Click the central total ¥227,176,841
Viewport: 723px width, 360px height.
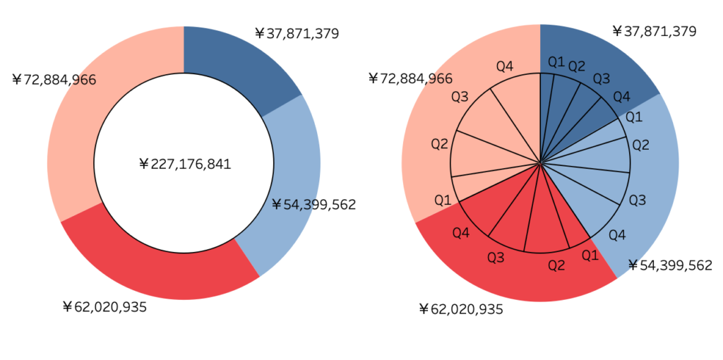point(185,164)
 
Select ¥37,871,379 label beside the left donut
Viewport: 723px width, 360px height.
point(297,33)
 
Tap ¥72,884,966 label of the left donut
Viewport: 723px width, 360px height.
point(54,80)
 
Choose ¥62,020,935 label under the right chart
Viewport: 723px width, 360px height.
point(460,309)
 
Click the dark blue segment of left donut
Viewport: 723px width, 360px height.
point(240,64)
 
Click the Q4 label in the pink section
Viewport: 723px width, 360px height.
point(504,67)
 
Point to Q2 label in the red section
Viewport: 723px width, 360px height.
point(556,265)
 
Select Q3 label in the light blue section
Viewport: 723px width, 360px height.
point(637,200)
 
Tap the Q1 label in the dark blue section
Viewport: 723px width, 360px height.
point(556,62)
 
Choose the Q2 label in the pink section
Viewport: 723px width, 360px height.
point(440,144)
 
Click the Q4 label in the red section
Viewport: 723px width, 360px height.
point(461,232)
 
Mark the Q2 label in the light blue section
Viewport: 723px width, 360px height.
point(640,145)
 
